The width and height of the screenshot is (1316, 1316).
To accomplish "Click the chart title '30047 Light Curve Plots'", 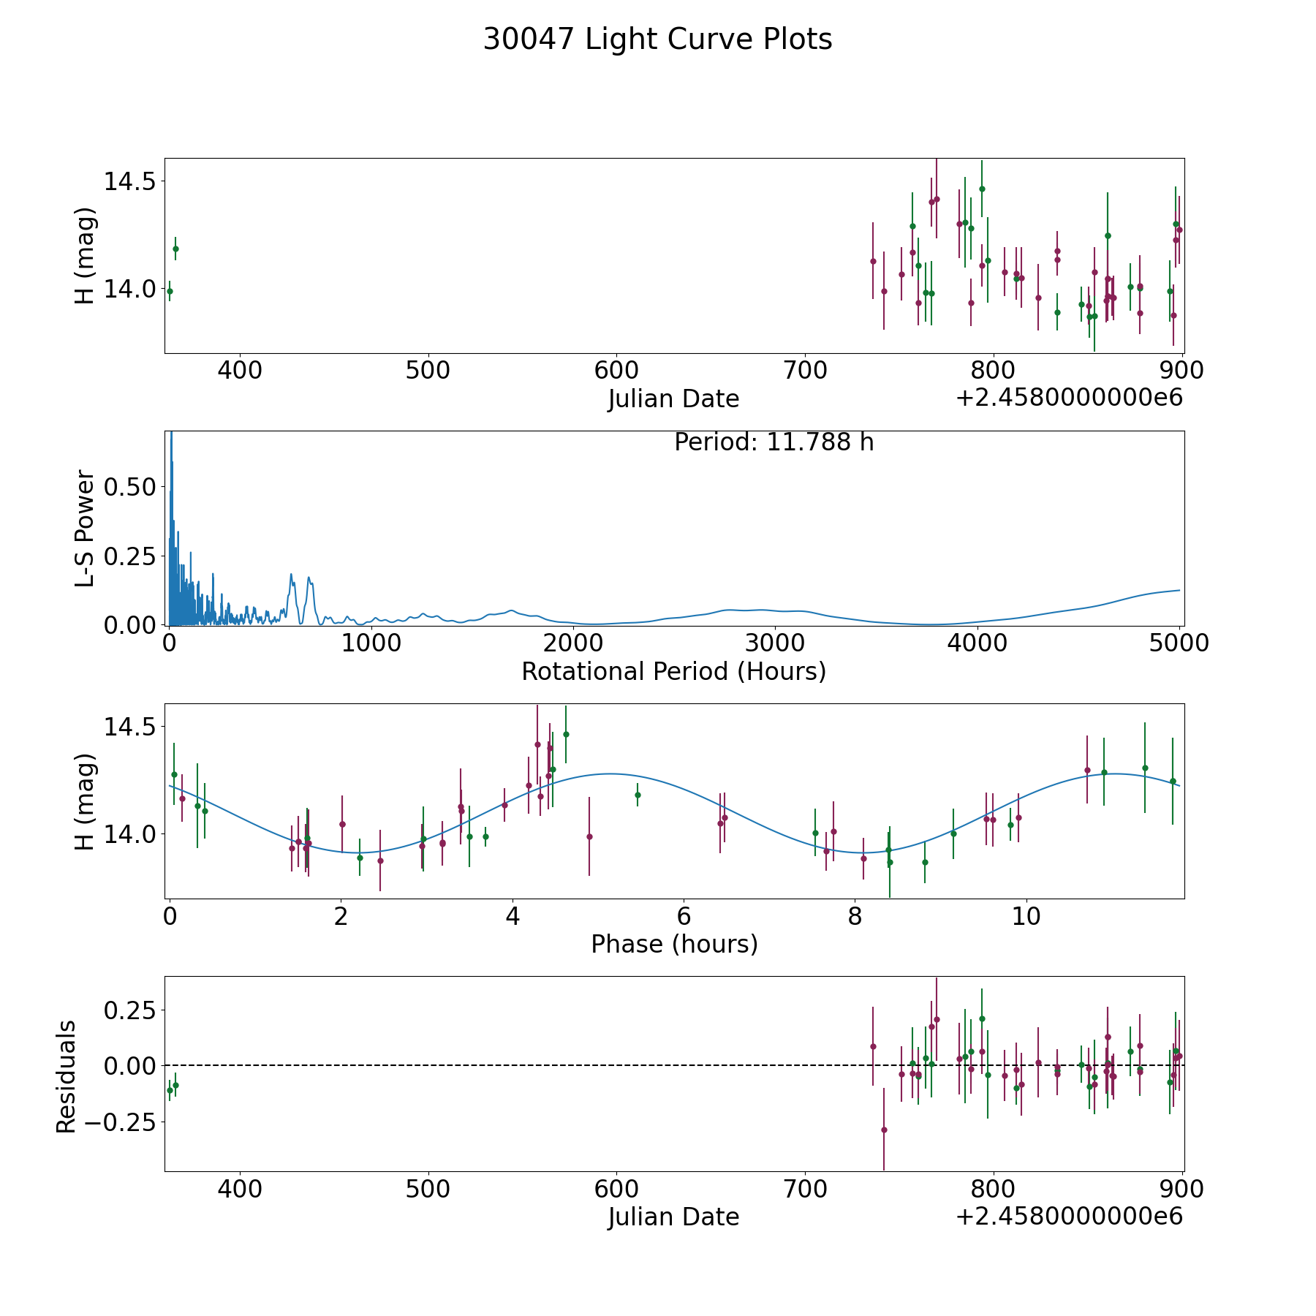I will (x=657, y=39).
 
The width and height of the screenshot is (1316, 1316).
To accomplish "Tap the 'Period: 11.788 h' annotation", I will (x=774, y=442).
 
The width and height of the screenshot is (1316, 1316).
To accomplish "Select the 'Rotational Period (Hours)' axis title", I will (x=673, y=671).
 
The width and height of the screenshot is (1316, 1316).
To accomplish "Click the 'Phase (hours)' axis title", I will (x=673, y=944).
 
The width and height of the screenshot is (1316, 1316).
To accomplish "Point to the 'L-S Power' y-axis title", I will (x=85, y=528).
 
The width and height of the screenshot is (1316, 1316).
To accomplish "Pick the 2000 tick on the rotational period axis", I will (x=573, y=643).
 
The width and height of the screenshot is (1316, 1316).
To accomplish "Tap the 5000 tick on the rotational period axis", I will (x=1179, y=643).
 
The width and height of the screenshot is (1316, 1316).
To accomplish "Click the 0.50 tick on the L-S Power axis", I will (x=129, y=487).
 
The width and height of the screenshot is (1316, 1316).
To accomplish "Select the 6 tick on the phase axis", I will (x=684, y=916).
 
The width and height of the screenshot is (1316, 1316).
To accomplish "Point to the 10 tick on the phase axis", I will (x=1026, y=916).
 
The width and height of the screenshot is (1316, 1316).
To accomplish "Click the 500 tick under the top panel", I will (x=428, y=370).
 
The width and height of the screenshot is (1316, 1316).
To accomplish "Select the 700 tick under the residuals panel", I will (x=805, y=1190).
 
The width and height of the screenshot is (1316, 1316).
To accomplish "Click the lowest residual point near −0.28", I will (x=883, y=1130).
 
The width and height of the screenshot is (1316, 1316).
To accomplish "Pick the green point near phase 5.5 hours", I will (x=638, y=795).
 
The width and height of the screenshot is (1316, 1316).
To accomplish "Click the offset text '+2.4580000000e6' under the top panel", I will (x=1068, y=398).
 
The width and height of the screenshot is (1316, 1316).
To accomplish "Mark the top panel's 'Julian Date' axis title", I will (x=673, y=399).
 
